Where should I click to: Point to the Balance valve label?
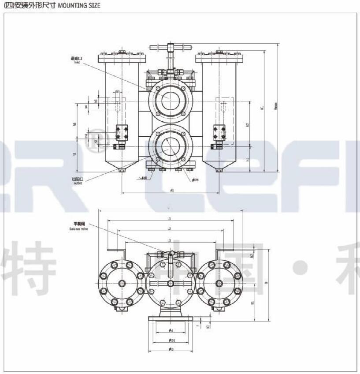click(79, 227)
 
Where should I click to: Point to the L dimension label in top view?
click(169, 208)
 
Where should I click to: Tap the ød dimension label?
click(171, 330)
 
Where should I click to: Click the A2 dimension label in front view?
click(248, 124)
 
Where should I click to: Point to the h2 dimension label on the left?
click(75, 154)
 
